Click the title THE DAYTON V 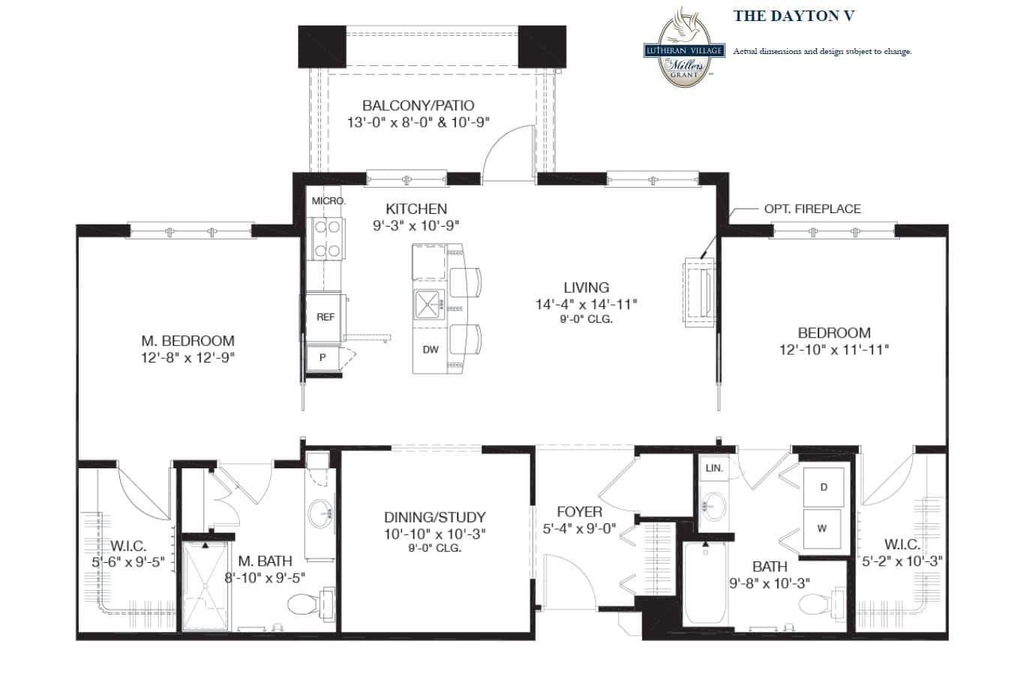794,16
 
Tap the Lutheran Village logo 684,47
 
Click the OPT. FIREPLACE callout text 812,209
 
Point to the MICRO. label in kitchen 329,200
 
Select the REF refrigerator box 325,317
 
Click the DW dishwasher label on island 430,350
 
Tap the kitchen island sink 429,304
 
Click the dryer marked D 823,487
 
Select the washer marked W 822,528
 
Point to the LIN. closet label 714,468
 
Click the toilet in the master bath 311,603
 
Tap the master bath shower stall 205,585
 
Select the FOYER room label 579,512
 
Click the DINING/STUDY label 434,517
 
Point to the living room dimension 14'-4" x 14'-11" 586,304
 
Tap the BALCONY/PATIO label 418,106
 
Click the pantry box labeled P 323,357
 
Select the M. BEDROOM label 188,341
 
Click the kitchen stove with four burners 328,239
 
